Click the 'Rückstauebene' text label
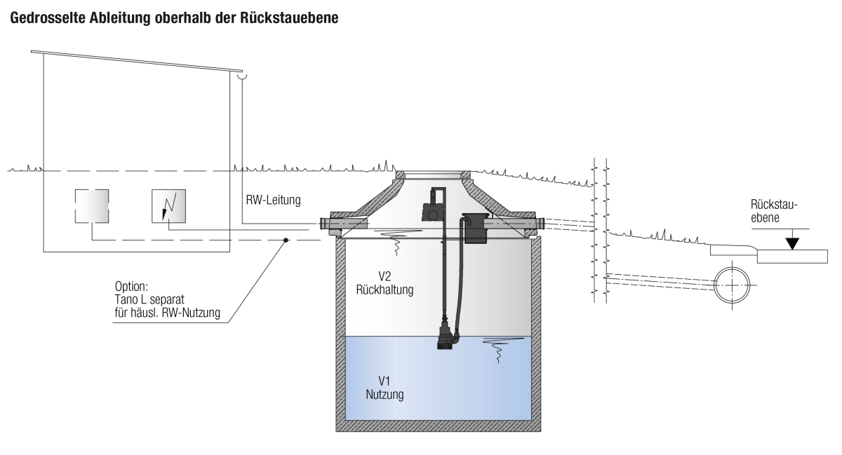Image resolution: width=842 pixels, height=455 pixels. click(x=774, y=210)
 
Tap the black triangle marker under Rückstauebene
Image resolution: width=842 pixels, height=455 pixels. click(x=792, y=243)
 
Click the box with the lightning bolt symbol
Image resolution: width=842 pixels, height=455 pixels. click(x=168, y=206)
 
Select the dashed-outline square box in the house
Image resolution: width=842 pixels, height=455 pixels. click(x=92, y=206)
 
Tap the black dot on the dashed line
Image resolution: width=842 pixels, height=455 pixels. click(x=286, y=240)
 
